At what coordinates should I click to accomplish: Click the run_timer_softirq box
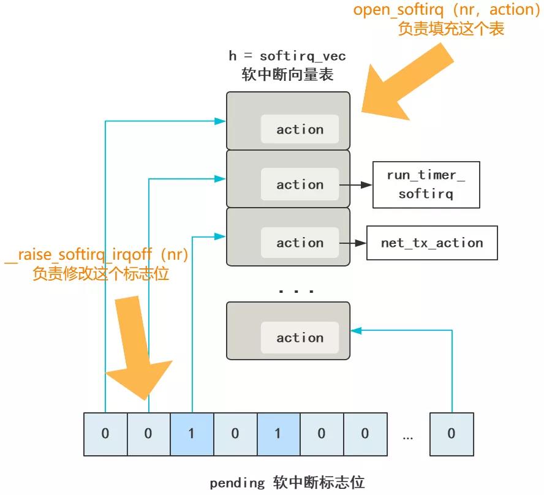[x=426, y=184]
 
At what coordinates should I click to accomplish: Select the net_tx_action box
[x=431, y=243]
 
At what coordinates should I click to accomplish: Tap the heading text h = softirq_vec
[x=287, y=56]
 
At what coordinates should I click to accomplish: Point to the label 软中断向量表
[x=287, y=75]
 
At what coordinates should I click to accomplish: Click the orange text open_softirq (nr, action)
[x=447, y=10]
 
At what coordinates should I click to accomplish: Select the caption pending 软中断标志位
[x=287, y=482]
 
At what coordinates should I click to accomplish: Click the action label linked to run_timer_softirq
[x=300, y=184]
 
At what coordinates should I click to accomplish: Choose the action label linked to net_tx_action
[x=300, y=243]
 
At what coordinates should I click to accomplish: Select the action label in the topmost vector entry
[x=300, y=129]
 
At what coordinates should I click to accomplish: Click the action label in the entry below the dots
[x=300, y=338]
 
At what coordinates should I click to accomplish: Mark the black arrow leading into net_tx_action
[x=352, y=243]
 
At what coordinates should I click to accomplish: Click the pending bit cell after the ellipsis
[x=451, y=434]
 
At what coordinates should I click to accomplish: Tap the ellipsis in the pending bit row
[x=409, y=437]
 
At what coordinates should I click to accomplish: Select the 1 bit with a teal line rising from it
[x=192, y=434]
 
